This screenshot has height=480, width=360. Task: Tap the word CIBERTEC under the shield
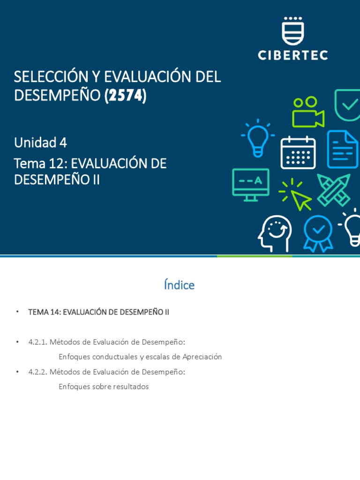point(293,55)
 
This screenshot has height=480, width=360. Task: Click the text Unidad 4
point(40,142)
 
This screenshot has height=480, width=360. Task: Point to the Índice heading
point(180,285)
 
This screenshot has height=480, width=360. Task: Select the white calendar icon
point(298,152)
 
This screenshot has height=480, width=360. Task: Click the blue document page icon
point(343,149)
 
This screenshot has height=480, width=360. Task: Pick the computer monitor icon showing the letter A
point(250,184)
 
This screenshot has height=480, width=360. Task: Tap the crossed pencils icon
point(334,190)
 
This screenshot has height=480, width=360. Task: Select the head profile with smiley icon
point(275,233)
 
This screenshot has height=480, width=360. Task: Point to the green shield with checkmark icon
point(347,104)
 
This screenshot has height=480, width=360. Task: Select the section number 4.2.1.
point(37,342)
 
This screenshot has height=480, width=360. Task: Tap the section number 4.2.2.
point(37,372)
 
